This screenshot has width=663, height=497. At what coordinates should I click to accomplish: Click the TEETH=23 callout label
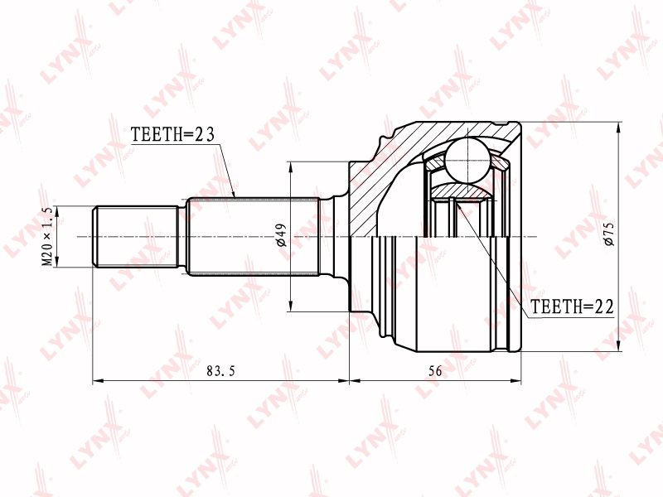click(172, 134)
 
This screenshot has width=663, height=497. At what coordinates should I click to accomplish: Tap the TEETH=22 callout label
click(572, 306)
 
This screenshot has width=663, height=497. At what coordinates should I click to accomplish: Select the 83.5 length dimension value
click(220, 371)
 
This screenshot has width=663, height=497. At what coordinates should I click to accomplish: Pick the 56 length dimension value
click(435, 371)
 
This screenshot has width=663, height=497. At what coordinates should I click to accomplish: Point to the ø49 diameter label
click(281, 235)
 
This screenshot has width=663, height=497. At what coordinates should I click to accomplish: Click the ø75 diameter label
click(609, 234)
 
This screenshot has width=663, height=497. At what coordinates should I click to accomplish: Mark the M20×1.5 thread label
click(47, 236)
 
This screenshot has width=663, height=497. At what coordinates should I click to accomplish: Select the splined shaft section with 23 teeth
click(253, 237)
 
